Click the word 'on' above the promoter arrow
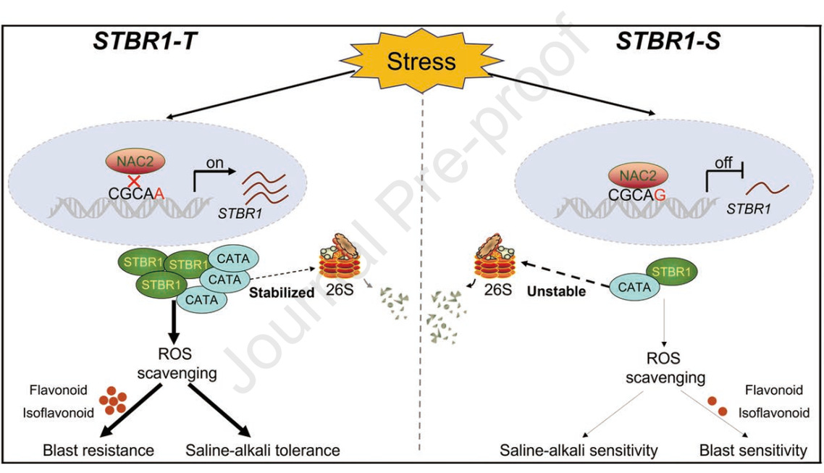[x=214, y=163]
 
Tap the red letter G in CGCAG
[x=663, y=194]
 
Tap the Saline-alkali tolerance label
[x=263, y=451]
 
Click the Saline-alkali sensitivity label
[x=579, y=451]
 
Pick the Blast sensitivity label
[x=753, y=451]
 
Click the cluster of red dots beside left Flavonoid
[x=113, y=401]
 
